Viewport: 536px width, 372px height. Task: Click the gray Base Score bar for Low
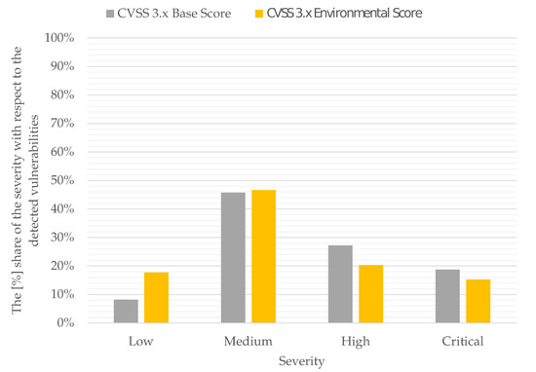tap(127, 311)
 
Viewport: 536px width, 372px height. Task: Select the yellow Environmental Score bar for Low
tap(156, 297)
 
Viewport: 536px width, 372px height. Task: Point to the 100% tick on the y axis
tap(60, 38)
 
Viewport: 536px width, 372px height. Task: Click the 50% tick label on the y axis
tap(63, 180)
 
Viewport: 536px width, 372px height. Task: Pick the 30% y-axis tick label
tap(63, 237)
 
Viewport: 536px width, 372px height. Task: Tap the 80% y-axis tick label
tap(63, 95)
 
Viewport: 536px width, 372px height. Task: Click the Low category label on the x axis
tap(141, 342)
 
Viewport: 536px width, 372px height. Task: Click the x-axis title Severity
tap(301, 360)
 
